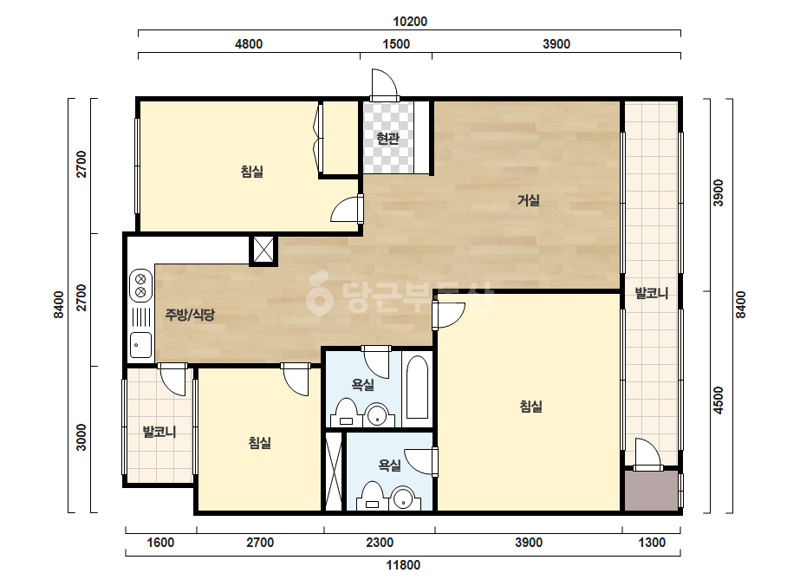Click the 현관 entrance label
pos(387,139)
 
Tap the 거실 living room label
pos(529,200)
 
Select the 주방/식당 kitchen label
pos(190,315)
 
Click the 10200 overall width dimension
pos(410,22)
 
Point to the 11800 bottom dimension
pos(403,565)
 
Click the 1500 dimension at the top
pos(396,44)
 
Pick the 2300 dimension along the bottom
pos(380,542)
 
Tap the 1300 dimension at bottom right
pos(652,542)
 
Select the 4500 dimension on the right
pos(719,400)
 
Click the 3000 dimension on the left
pos(81,438)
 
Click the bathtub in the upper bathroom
pos(418,387)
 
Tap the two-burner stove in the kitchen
pos(140,286)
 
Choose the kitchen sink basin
pos(140,344)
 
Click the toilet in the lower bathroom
pos(373,496)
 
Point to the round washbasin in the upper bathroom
pos(378,414)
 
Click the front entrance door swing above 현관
pos(384,84)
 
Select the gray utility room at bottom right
pos(652,490)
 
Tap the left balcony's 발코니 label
pos(159,432)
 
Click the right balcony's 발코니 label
pos(652,293)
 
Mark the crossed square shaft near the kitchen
pos(263,251)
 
